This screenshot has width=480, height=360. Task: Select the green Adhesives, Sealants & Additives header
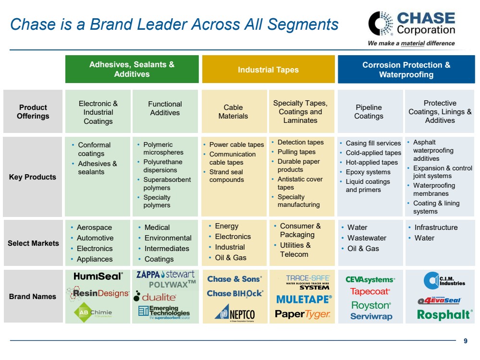point(132,69)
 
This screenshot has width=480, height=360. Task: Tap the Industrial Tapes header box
point(268,70)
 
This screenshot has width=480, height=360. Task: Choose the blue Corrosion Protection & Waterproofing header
point(406,69)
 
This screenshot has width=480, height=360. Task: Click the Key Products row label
point(33,177)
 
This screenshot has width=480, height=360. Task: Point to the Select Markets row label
point(33,243)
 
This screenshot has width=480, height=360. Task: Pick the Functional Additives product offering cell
point(165,108)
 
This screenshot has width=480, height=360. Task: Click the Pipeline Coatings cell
point(369,111)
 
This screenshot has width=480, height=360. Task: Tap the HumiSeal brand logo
point(98,276)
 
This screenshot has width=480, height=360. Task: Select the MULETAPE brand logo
point(304,300)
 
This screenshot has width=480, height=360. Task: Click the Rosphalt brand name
point(444,314)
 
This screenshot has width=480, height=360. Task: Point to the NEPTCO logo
point(234,314)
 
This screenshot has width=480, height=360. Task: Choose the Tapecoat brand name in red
point(369,291)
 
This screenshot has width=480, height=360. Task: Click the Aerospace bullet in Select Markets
point(94,228)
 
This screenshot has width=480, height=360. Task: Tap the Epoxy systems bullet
point(368,172)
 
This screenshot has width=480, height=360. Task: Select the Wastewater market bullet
point(367,238)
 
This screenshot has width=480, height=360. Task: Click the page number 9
point(465,341)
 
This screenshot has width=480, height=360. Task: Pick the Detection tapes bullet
point(300,142)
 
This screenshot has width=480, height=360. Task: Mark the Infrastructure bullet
point(436,228)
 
